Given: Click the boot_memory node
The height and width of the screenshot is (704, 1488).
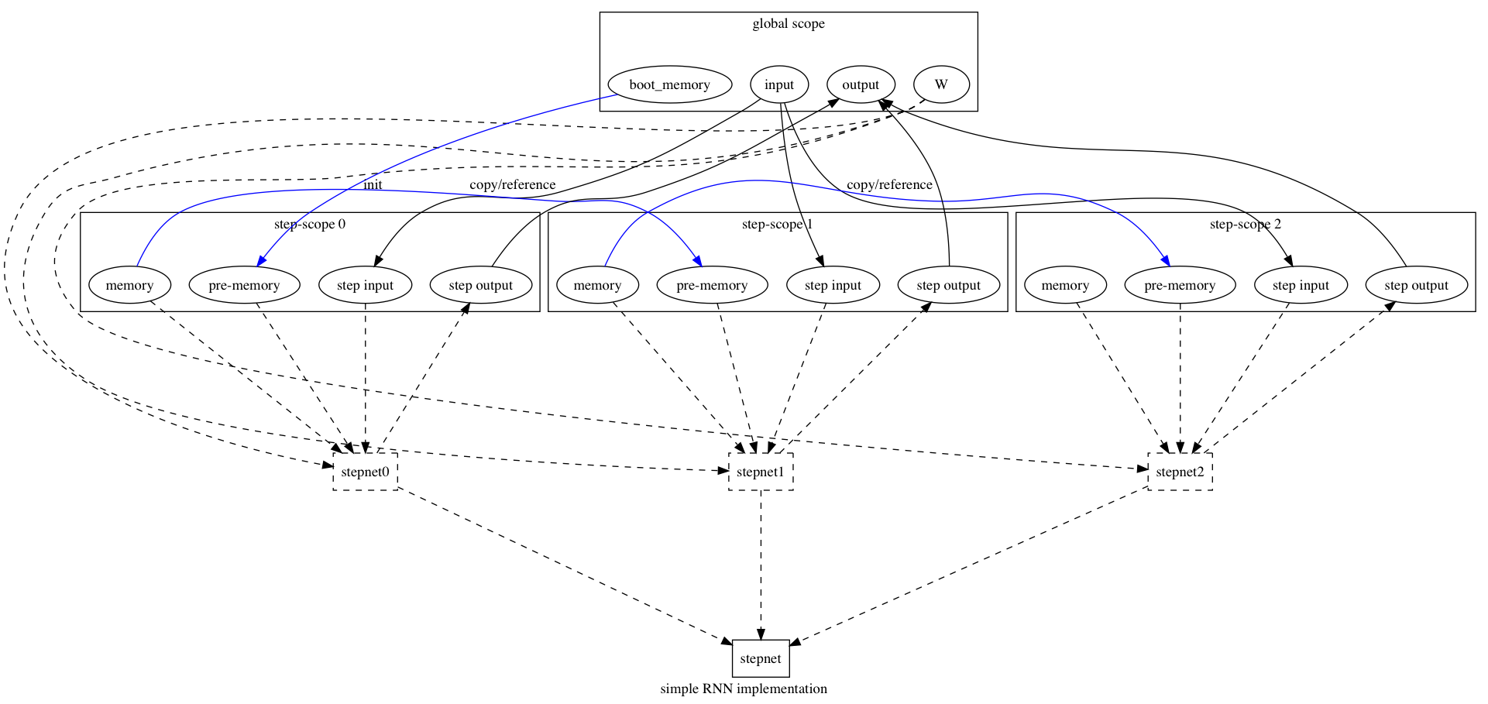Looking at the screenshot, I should (x=669, y=84).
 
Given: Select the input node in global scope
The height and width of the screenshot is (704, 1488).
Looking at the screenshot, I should (x=779, y=84).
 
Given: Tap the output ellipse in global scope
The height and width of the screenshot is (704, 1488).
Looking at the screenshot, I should (x=861, y=84).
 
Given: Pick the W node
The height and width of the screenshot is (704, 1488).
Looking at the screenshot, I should (x=941, y=84).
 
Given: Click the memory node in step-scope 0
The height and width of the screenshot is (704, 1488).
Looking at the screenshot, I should (x=129, y=285).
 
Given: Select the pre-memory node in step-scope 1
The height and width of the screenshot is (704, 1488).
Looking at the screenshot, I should (x=712, y=285).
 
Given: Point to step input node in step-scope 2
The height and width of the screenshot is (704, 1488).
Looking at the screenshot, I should (x=1301, y=285).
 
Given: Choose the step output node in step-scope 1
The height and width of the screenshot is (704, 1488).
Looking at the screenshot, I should (x=949, y=285).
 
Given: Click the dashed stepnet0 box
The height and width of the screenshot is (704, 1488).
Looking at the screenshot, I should (x=365, y=472).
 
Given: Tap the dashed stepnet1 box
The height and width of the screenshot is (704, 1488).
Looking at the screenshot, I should (x=761, y=472).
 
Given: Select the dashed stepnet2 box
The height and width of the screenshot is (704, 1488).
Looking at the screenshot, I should (x=1180, y=472).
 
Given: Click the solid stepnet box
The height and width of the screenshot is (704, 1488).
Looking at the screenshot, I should (x=761, y=658).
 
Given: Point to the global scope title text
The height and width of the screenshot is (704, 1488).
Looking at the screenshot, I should (x=789, y=23).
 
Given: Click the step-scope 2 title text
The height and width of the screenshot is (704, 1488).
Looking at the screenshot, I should (x=1245, y=225).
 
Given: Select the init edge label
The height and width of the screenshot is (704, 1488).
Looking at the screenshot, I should (x=373, y=184).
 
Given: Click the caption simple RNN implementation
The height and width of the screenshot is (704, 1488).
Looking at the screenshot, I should (x=744, y=689).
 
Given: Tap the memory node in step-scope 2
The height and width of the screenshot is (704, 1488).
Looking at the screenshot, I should (x=1065, y=285).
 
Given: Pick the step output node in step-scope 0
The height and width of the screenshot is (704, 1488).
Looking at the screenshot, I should (x=481, y=285).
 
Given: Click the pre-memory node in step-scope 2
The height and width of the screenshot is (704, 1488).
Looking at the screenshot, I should (x=1180, y=285).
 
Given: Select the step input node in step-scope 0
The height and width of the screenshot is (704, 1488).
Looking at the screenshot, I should (x=365, y=285).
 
